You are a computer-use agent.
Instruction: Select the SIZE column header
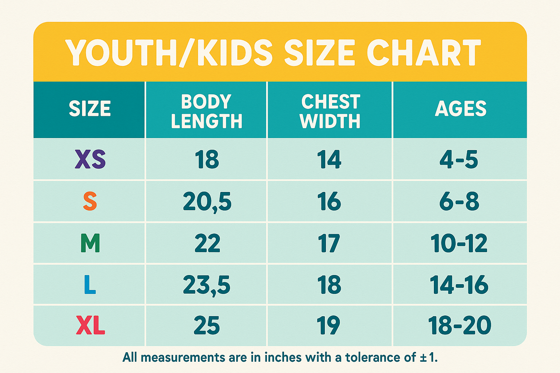tap(90, 109)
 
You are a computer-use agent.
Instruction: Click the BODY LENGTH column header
tap(207, 111)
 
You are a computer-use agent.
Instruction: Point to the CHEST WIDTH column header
tap(330, 111)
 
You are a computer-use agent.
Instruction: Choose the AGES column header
tap(460, 109)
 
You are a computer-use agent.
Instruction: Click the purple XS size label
tap(90, 160)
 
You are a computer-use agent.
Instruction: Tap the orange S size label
tap(90, 201)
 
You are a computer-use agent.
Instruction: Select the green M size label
tap(90, 243)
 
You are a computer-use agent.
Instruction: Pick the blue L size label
tap(90, 285)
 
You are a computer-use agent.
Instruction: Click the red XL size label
tap(90, 326)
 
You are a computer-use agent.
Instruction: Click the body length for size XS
tap(207, 160)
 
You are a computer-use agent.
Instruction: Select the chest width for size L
tap(329, 285)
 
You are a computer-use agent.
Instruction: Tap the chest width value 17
tap(329, 243)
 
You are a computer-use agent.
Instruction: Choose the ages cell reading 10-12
tap(459, 243)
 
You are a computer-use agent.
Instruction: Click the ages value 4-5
tap(459, 160)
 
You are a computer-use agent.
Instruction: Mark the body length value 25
tap(207, 326)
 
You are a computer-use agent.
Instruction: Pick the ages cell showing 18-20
tap(459, 326)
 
